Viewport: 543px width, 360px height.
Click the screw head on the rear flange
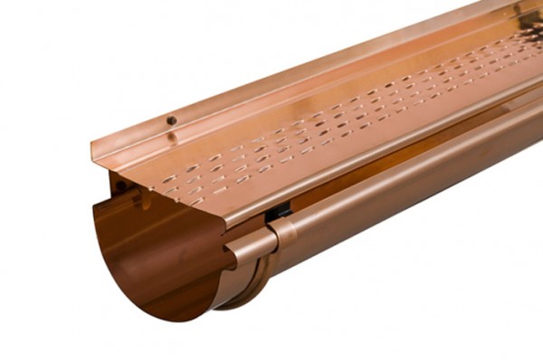[x=171, y=120]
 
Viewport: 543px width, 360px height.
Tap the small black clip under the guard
[x=281, y=212]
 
